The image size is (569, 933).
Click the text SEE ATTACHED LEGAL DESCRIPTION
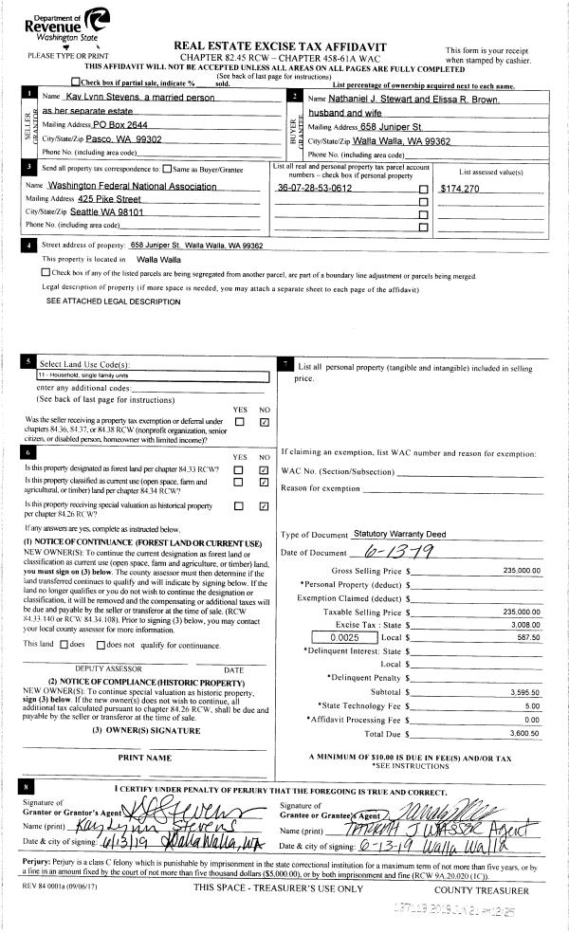tap(113, 302)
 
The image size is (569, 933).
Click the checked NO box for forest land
tap(265, 469)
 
